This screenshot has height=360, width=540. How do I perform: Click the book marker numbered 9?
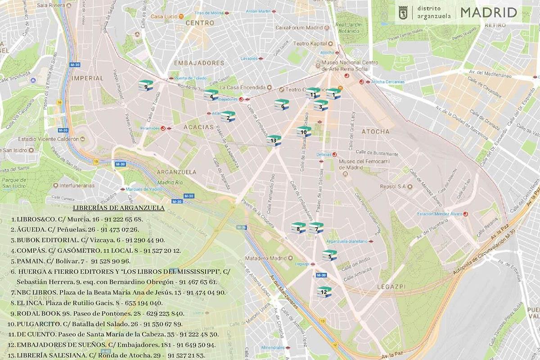click(146, 85)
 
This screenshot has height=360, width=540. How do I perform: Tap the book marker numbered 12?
click(324, 292)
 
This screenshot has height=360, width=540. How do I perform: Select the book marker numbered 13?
click(274, 140)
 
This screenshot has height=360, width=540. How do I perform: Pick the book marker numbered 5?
click(329, 255)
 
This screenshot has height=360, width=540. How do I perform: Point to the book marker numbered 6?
click(282, 105)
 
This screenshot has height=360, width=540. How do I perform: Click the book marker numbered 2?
click(228, 117)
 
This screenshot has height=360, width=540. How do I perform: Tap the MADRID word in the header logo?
click(488, 12)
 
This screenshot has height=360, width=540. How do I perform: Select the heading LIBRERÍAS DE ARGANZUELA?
click(118, 208)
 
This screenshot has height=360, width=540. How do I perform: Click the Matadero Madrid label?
click(265, 258)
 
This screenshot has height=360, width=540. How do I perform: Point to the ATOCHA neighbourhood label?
click(375, 131)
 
